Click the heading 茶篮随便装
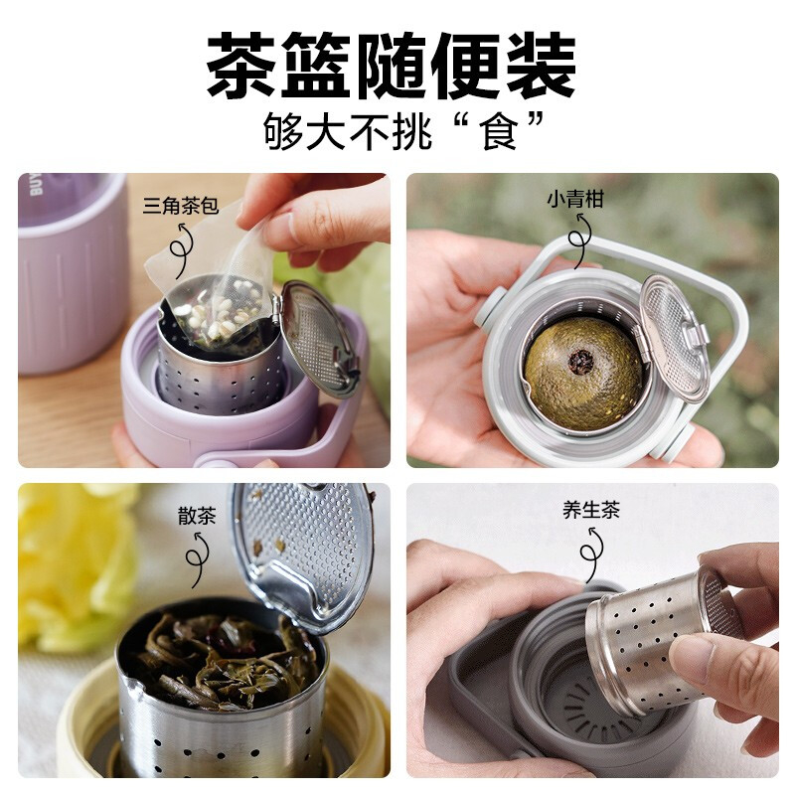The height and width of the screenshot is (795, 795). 391,65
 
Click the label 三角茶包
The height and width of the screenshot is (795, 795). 181,206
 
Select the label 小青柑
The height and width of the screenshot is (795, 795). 575,200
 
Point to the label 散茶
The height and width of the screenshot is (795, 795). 197,515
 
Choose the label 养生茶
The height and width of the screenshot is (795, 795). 591,510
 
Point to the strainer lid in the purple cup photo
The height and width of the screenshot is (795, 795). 318,338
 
